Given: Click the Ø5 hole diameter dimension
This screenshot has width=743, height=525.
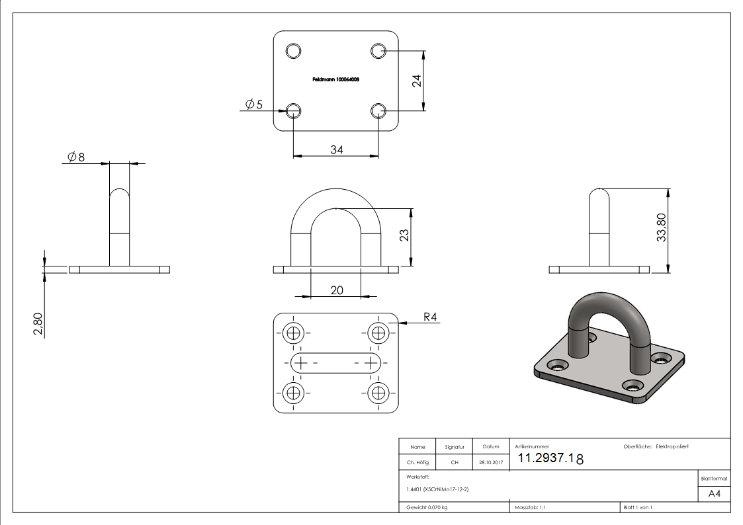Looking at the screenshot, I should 253,104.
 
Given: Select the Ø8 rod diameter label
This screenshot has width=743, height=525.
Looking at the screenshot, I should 76,157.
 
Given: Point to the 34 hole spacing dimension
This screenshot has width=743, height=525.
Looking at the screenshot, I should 336,149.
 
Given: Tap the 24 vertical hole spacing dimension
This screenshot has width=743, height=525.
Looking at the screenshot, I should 417,81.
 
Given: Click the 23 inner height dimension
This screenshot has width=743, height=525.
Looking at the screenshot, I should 405,235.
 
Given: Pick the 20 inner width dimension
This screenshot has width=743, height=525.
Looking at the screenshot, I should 336,290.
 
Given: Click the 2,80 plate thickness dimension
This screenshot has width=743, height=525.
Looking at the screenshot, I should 38,325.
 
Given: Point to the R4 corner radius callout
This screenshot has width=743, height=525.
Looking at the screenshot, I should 430,317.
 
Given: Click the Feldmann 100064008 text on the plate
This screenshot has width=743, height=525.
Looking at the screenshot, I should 335,79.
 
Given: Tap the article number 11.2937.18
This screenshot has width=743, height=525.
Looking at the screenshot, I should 550,458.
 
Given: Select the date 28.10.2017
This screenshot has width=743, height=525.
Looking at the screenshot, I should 490,462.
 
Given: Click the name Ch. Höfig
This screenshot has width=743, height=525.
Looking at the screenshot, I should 417,462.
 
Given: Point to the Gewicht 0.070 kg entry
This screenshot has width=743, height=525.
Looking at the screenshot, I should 427,507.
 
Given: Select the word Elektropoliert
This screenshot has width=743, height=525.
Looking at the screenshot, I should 672,447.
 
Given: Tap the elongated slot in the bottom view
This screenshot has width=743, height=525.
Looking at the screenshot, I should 336,362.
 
